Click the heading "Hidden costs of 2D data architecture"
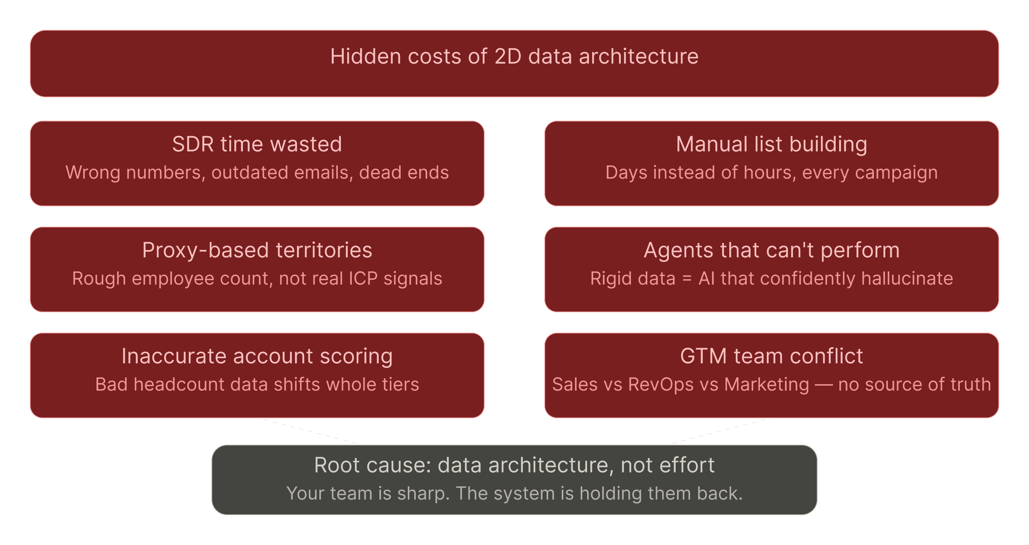click(514, 56)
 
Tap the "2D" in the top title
click(508, 56)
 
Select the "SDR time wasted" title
click(257, 144)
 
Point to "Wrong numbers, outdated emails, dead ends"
click(257, 173)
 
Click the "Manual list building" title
click(771, 144)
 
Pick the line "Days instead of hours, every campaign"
click(771, 173)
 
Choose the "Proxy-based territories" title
click(257, 250)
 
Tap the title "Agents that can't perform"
click(771, 250)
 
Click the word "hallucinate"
click(907, 279)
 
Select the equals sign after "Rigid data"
click(687, 279)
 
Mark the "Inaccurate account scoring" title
click(257, 356)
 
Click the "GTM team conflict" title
click(771, 356)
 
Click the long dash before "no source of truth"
click(823, 385)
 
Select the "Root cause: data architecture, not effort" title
click(514, 465)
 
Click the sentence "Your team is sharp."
click(368, 494)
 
